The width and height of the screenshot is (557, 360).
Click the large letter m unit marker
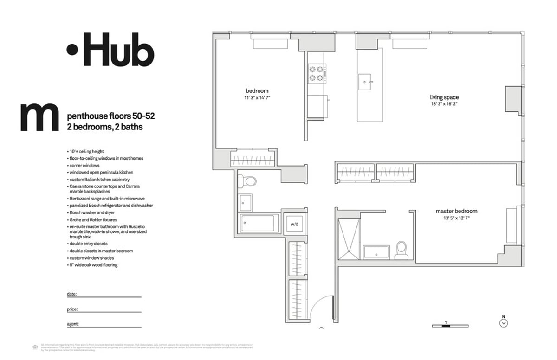tap(39, 118)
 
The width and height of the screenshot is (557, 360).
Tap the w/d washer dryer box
tap(294, 225)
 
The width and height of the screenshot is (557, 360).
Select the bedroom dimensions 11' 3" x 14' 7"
tap(257, 97)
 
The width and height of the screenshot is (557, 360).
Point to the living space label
tap(444, 97)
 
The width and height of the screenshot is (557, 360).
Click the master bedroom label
tap(456, 211)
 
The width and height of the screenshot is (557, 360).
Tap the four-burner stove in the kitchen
tap(316, 74)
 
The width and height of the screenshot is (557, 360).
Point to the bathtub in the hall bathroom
tap(260, 223)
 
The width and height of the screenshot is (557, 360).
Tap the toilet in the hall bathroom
tap(250, 181)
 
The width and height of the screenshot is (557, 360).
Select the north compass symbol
tap(503, 323)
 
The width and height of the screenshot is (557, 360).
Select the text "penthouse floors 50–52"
tap(111, 116)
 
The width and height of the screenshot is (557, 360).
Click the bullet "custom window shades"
tap(91, 258)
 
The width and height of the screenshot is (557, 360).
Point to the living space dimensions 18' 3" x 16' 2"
tap(444, 104)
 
